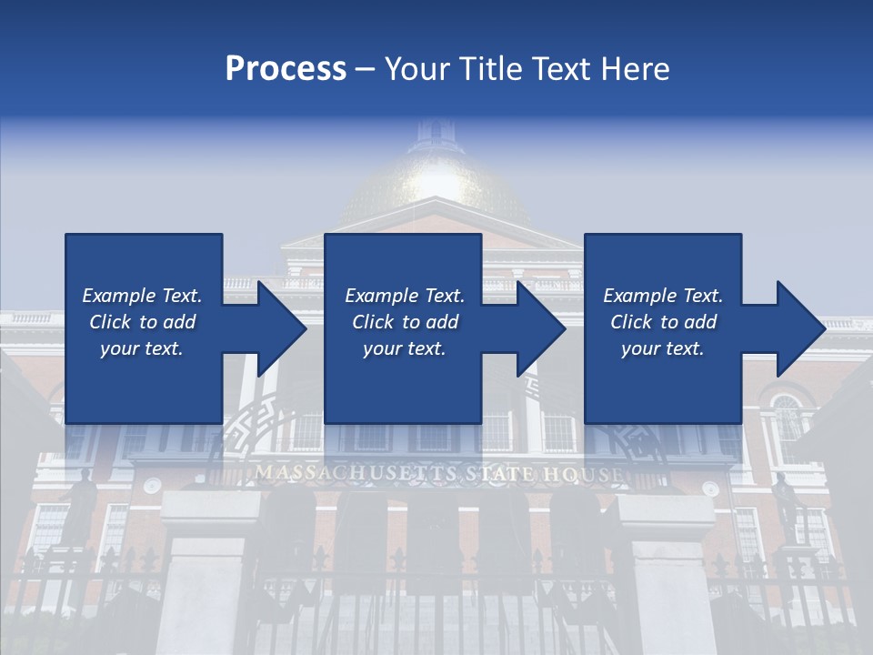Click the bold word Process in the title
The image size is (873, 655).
click(x=286, y=69)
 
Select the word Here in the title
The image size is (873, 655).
click(x=636, y=69)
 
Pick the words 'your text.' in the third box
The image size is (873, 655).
click(x=662, y=348)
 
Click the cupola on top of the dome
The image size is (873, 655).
click(x=436, y=135)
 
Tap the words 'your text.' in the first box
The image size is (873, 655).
click(x=142, y=348)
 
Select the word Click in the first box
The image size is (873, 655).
click(x=110, y=322)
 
